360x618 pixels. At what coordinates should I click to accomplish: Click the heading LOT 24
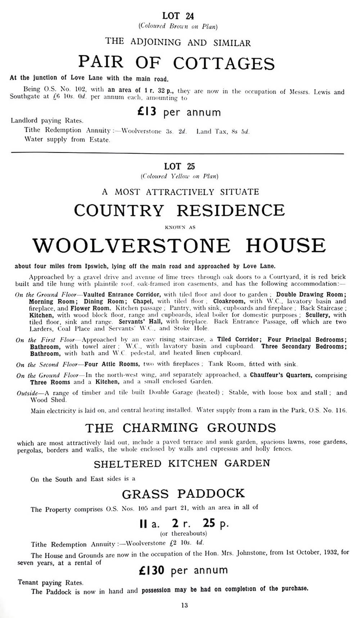tap(178, 15)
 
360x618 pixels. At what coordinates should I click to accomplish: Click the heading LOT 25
tap(179, 166)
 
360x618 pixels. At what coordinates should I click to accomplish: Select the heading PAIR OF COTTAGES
tap(176, 63)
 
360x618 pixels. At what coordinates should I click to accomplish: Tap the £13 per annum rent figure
tap(179, 112)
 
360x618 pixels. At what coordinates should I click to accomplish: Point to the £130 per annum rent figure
tap(183, 570)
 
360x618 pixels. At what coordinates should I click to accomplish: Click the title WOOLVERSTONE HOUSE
tap(179, 246)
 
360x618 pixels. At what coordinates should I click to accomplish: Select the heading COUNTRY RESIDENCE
tap(179, 210)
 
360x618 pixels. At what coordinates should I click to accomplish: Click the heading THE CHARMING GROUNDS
tap(180, 428)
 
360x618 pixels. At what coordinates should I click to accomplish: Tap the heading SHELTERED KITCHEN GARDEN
tap(182, 464)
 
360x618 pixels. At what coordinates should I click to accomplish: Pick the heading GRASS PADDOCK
tap(183, 494)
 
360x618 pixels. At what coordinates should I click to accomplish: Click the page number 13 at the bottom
tap(184, 605)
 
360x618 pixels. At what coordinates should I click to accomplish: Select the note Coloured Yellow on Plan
tap(179, 176)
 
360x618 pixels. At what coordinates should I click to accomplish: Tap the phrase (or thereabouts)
tap(184, 533)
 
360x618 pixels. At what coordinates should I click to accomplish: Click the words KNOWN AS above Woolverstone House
tap(180, 227)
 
